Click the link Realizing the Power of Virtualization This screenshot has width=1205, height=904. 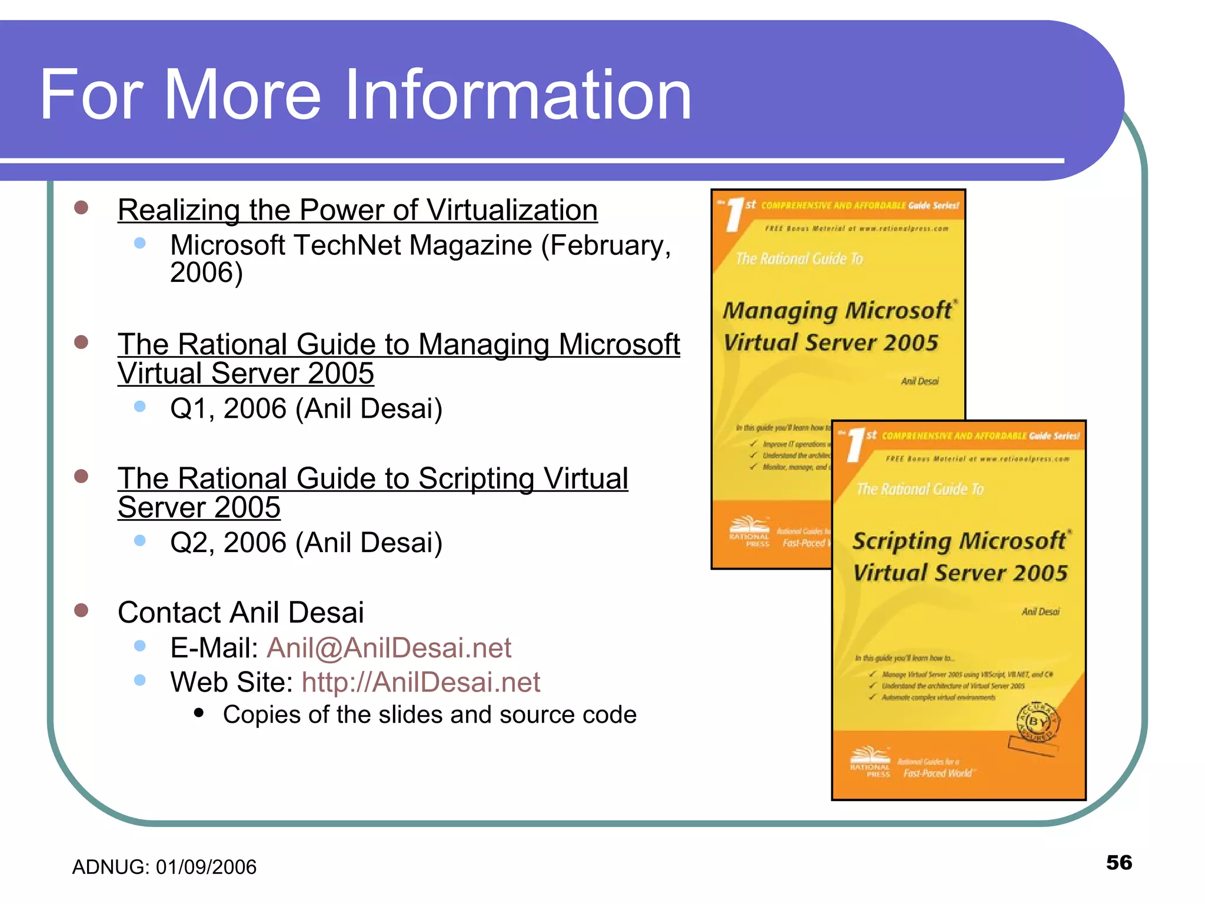coord(357,210)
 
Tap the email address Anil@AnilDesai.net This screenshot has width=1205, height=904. coord(389,648)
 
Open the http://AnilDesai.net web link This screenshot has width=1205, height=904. coord(420,682)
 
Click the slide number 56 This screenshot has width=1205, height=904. coord(1119,862)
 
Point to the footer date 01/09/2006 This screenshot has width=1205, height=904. coord(206,867)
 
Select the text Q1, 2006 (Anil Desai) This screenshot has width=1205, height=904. coord(306,408)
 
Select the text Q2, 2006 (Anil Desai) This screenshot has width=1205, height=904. coord(306,543)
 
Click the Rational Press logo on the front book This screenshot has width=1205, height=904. coord(870,760)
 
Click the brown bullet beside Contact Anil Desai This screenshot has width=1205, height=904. coord(81,610)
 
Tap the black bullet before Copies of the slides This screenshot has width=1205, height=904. coord(199,713)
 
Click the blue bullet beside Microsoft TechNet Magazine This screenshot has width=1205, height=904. coord(139,243)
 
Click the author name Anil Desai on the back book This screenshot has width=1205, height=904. coord(920,381)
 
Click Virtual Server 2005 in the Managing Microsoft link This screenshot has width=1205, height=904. coord(245,374)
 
